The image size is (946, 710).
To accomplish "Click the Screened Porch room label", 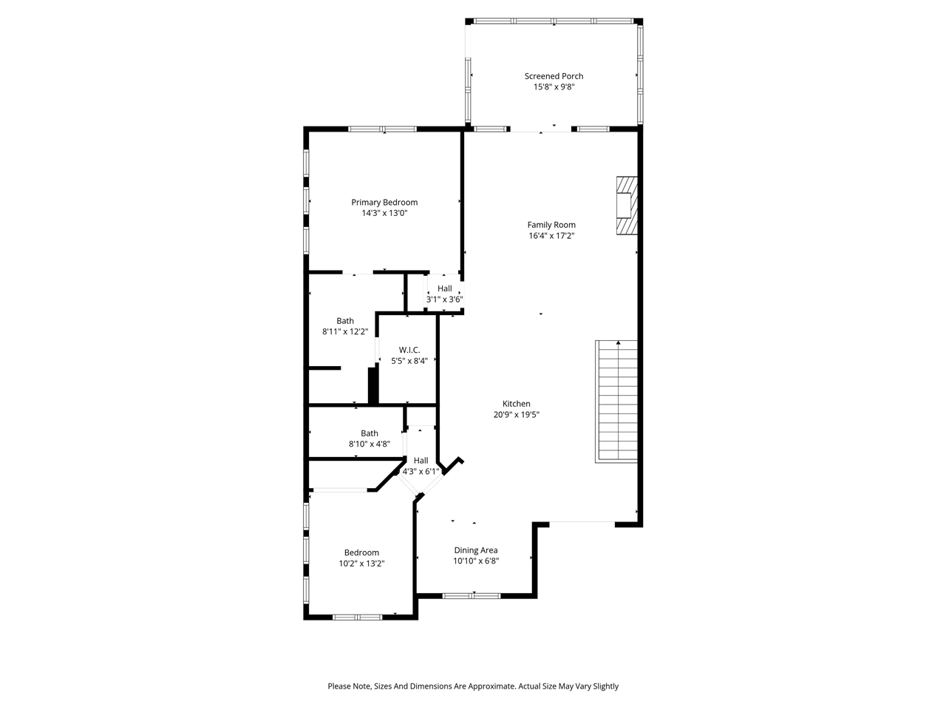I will (x=554, y=76).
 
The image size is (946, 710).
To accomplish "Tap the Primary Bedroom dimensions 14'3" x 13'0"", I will (x=384, y=213).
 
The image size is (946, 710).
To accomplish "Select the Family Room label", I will (x=551, y=225).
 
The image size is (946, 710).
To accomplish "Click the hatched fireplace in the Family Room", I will (x=627, y=206).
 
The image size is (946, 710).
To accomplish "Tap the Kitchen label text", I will (x=517, y=404).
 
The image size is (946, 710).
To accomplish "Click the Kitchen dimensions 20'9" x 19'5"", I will (x=517, y=415).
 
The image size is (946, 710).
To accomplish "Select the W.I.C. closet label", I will (x=409, y=350).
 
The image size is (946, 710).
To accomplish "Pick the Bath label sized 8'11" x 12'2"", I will (x=345, y=321).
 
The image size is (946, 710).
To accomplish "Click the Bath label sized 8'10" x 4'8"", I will (x=370, y=433).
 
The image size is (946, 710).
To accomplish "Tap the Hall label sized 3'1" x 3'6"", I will (x=445, y=288).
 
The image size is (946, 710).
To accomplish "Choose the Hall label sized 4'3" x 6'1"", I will (x=421, y=461).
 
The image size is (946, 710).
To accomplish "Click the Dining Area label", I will (x=476, y=550).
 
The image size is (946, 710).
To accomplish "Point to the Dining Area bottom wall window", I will (x=472, y=595).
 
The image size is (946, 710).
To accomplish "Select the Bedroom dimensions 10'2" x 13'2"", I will (x=361, y=564).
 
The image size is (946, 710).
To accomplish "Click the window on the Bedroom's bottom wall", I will (x=357, y=617).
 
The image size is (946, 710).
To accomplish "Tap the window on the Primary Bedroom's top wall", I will (x=383, y=129).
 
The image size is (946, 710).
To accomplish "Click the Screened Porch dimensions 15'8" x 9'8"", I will (x=554, y=87).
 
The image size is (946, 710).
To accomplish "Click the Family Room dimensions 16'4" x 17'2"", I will (x=551, y=236).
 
